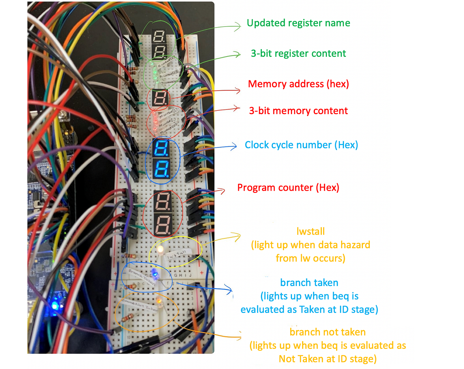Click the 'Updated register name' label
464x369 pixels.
[x=298, y=23]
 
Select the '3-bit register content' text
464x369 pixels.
[x=298, y=53]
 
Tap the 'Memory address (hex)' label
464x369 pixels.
[x=298, y=84]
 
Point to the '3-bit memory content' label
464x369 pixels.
[x=298, y=111]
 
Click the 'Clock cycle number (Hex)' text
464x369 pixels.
[x=301, y=145]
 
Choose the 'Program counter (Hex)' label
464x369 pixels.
[x=288, y=188]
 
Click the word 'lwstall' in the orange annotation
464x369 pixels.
[x=311, y=231]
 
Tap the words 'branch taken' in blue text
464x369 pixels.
[x=309, y=283]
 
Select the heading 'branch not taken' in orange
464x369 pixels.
[x=327, y=332]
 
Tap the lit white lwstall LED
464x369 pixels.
[x=160, y=249]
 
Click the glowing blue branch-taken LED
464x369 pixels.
[x=154, y=274]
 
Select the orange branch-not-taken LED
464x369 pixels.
[x=159, y=301]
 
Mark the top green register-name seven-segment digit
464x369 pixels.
[x=158, y=37]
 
